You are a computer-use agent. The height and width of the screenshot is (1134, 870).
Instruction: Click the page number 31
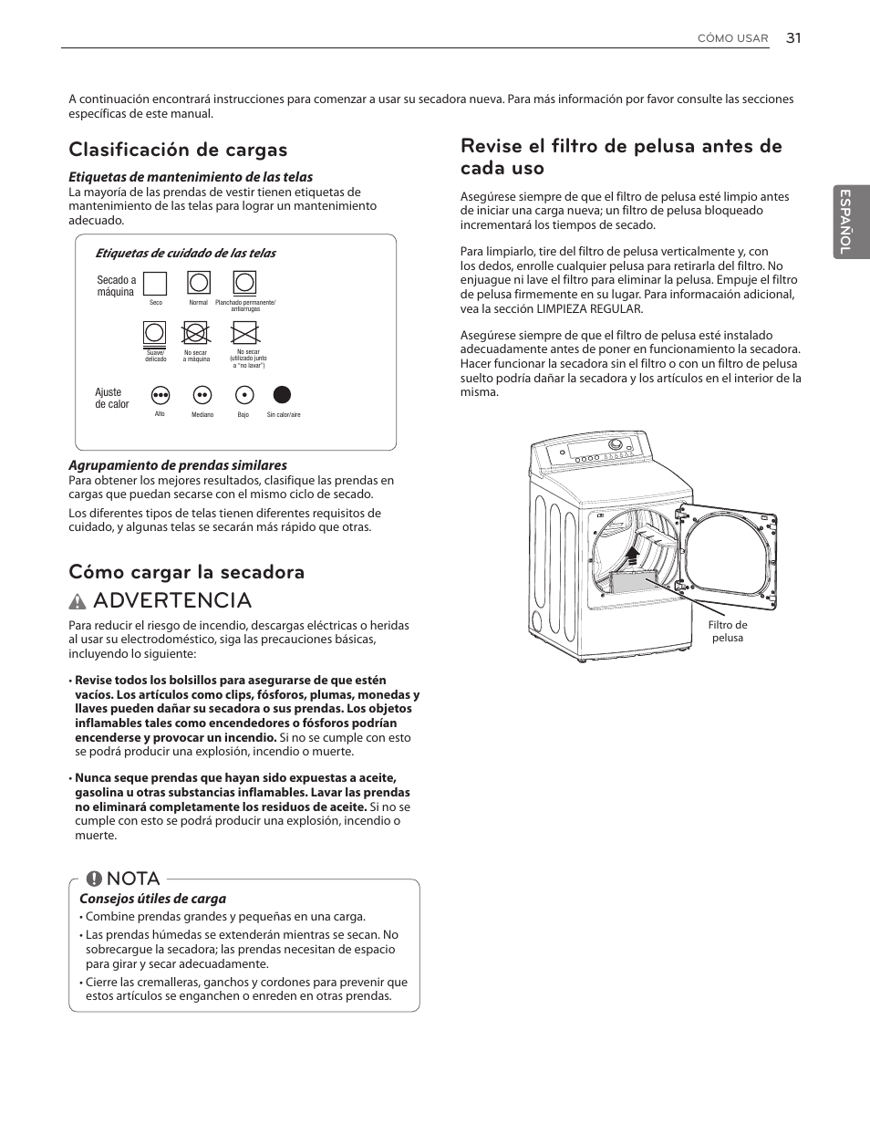pos(793,37)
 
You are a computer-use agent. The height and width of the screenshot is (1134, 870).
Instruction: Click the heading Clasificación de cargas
pos(178,150)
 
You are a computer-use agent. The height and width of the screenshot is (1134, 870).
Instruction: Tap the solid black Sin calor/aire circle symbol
pos(283,395)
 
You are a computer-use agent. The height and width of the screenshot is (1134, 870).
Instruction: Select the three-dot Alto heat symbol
pos(161,395)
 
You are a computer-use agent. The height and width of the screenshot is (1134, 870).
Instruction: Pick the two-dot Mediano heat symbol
pos(202,395)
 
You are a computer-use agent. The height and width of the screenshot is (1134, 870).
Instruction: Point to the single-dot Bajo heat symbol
pos(243,395)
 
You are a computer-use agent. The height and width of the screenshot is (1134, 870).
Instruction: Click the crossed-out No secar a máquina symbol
pos(196,333)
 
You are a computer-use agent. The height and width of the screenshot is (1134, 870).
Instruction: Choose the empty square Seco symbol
pos(155,284)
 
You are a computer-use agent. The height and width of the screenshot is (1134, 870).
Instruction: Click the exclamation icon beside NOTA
pos(94,879)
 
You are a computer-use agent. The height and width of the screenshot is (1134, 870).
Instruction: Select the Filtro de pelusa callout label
pos(727,631)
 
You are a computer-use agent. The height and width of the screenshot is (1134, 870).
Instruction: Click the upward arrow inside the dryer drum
pos(632,554)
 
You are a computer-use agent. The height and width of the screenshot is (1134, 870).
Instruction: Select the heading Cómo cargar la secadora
pos(186,572)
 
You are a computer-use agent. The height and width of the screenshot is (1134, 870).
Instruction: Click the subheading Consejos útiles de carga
pos(152,899)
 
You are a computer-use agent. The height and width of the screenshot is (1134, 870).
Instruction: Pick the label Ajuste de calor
pos(111,399)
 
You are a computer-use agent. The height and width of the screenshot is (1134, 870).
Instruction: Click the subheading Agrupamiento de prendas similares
pos(178,465)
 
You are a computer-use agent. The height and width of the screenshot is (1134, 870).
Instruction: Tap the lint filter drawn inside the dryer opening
pos(630,584)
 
